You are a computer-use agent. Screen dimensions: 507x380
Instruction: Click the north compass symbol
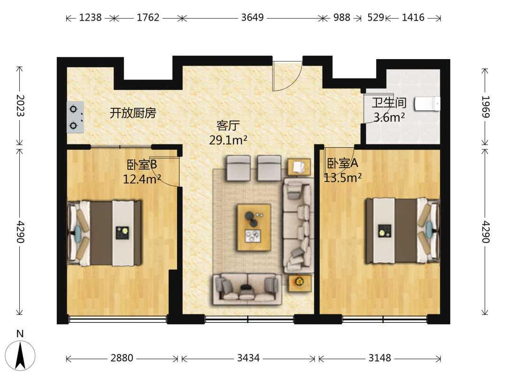point(20,355)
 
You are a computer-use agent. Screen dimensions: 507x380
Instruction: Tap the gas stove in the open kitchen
point(75,117)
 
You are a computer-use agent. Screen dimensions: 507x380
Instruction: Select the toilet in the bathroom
point(427,104)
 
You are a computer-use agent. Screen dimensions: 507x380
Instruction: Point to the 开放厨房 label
point(132,113)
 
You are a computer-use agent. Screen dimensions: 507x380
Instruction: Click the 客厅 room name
point(228,125)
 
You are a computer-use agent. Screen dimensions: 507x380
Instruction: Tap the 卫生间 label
point(389,103)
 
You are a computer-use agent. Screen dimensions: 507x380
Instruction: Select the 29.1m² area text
point(228,140)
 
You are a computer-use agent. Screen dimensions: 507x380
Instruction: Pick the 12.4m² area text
point(142,178)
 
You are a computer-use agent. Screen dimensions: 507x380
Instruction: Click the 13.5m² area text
point(343,177)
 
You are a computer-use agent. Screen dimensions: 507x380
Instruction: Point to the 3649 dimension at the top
point(253,17)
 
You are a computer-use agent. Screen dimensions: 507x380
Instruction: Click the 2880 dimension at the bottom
point(122,358)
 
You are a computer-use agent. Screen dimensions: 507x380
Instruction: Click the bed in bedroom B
point(104,233)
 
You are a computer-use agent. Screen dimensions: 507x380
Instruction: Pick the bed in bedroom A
point(403,231)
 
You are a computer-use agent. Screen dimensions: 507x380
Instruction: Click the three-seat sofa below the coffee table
point(247,289)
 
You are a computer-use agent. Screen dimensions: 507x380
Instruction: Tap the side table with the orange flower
point(300,283)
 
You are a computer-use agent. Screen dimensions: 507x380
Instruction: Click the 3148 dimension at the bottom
point(380,358)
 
